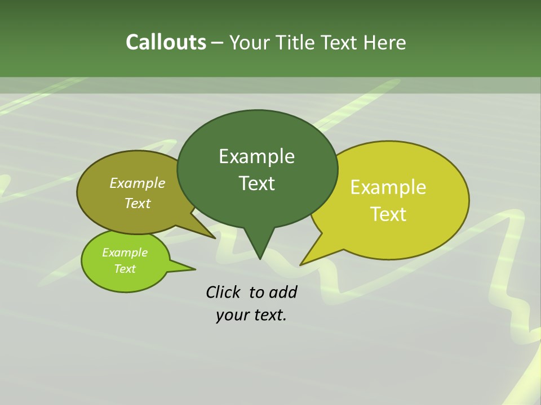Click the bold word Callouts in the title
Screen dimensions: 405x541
coord(166,42)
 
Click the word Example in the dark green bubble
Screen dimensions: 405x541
coord(256,156)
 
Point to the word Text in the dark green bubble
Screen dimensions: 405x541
coord(256,183)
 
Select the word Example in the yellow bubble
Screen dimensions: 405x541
coord(388,187)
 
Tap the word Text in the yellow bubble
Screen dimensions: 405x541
coord(388,214)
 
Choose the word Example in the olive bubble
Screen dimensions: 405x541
coord(138,183)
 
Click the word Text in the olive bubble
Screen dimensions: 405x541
coord(138,203)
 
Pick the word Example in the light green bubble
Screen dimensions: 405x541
coord(125,253)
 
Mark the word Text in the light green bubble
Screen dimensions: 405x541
coord(125,269)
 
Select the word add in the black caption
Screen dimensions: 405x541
coord(282,292)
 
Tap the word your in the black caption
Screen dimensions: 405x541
coord(232,315)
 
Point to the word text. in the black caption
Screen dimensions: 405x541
coord(268,315)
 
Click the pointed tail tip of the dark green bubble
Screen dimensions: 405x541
coord(260,259)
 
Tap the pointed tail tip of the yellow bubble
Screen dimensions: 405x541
coord(300,264)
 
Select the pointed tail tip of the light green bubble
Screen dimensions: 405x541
coord(195,269)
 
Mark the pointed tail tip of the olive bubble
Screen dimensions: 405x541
coord(215,238)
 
